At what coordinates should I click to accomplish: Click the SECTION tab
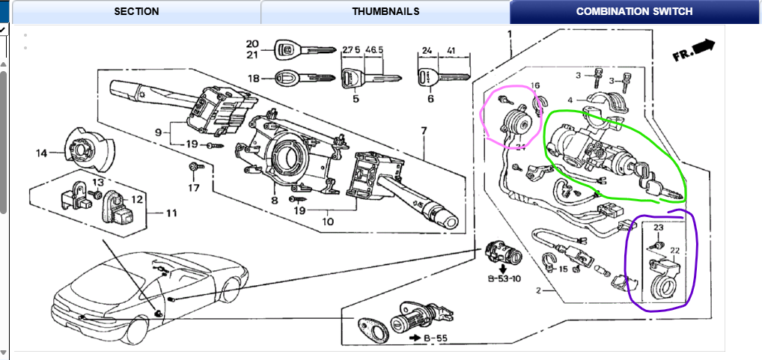[x=136, y=11]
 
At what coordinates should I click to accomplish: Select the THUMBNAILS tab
[x=385, y=11]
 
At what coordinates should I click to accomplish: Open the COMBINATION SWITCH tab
[x=634, y=11]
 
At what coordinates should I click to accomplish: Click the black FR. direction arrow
[x=704, y=48]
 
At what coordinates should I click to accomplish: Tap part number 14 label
[x=41, y=153]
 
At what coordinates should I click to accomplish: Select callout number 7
[x=424, y=131]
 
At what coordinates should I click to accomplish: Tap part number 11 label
[x=172, y=213]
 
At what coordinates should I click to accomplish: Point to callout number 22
[x=674, y=251]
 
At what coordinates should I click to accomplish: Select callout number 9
[x=158, y=132]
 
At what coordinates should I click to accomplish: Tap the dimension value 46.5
[x=372, y=49]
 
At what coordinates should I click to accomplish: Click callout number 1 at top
[x=510, y=34]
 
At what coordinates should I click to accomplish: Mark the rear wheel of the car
[x=234, y=287]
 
